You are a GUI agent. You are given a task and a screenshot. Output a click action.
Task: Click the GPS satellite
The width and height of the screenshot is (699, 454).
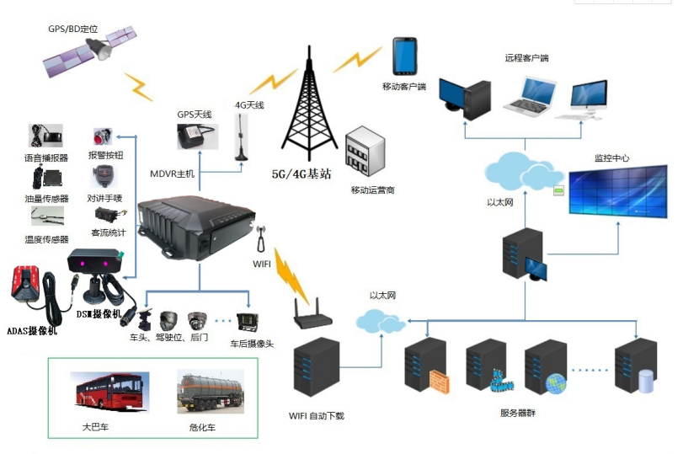point(89,51)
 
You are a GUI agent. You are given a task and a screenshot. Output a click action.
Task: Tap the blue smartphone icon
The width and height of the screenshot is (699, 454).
point(405,56)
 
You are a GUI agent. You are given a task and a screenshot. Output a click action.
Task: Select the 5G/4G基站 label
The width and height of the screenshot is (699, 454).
point(301,174)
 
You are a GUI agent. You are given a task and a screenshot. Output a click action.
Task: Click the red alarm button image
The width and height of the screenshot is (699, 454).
point(102,136)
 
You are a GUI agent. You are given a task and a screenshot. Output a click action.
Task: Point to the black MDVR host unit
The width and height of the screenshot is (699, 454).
point(196,227)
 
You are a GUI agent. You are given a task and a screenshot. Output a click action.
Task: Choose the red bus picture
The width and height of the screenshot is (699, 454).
point(109,391)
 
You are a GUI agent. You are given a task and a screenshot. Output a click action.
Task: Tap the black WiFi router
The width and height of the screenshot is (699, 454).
point(312,315)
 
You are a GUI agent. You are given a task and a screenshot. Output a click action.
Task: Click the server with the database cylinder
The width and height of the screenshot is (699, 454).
point(636,366)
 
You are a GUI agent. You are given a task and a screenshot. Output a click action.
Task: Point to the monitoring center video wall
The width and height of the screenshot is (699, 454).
point(618,191)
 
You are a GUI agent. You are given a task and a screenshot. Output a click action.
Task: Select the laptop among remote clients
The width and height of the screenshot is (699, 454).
point(530,98)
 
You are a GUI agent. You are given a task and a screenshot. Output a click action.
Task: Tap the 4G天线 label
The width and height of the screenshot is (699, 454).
point(249,105)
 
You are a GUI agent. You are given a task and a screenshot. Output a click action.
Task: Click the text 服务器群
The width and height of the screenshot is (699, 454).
point(518,413)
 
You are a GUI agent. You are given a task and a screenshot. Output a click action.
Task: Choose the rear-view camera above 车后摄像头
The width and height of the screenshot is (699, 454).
point(247,322)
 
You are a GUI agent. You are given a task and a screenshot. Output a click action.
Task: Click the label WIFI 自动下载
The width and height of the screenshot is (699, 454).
point(317,416)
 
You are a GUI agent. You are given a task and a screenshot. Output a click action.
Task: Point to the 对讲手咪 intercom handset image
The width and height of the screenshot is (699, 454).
point(104,177)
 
